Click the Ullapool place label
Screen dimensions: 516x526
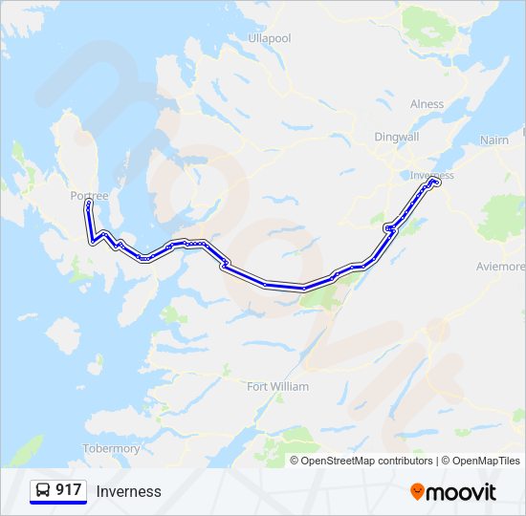point(269,38)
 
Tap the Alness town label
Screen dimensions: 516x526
point(427,104)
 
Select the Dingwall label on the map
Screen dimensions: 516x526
point(396,137)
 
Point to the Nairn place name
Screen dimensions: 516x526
point(495,140)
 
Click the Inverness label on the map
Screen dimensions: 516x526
point(431,176)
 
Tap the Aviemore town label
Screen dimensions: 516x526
point(501,266)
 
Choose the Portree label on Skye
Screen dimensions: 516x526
point(90,195)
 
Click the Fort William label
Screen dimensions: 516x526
point(277,387)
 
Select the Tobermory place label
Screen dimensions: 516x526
point(112,448)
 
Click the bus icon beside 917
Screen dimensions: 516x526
point(43,490)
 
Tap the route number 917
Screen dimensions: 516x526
point(69,490)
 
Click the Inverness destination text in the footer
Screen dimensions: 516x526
point(128,491)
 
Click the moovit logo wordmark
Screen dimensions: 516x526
point(462,492)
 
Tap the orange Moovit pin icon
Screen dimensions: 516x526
point(417,492)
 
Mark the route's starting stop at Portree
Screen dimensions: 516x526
point(88,204)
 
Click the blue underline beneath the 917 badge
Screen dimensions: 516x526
point(58,503)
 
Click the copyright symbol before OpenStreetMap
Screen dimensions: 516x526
point(296,461)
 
